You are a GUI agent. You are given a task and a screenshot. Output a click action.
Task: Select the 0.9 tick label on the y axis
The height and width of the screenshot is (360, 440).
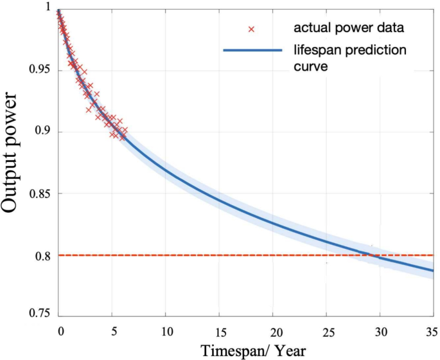pyautogui.click(x=42, y=132)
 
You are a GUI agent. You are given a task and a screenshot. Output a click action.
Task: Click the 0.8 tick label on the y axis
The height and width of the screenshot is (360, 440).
pyautogui.click(x=42, y=256)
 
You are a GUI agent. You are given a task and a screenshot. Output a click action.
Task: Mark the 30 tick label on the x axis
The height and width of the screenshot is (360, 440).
pyautogui.click(x=380, y=331)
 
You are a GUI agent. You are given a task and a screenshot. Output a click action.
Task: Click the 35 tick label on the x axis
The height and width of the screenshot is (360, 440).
pyautogui.click(x=432, y=331)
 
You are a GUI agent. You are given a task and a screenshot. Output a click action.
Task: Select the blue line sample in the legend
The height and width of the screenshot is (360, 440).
pyautogui.click(x=252, y=51)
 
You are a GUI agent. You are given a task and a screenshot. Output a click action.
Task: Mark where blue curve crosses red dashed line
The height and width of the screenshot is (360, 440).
pyautogui.click(x=371, y=255)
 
